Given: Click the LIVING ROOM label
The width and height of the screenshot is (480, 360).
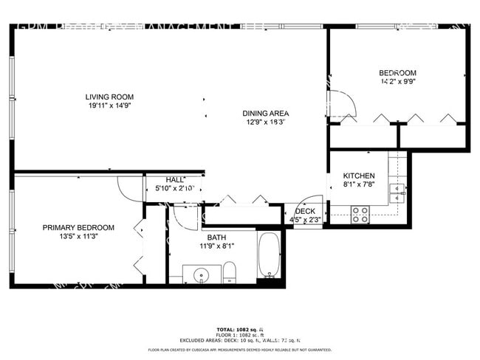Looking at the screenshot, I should pos(109,97).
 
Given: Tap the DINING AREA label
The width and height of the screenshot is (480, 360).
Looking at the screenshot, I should pos(265,114).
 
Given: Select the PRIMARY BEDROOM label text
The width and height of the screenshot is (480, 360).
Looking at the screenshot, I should pos(78,227).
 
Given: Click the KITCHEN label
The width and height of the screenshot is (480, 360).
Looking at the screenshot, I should pos(359,176).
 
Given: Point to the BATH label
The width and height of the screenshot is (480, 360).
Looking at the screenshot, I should pos(216,237).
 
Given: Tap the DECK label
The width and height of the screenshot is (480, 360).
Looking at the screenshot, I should pos(305,211).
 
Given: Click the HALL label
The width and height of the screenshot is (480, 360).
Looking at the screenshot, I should pos(175,179).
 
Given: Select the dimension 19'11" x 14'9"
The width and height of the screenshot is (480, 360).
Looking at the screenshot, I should pos(109,105).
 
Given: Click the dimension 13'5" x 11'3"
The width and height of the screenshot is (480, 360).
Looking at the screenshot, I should pos(78,237).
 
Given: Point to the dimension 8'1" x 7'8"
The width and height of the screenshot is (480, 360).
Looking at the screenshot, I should pos(359,185).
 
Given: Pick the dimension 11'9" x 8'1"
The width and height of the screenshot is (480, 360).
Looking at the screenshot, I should pos(216,246).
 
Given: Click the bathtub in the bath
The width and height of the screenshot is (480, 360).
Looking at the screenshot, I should pos(270,255).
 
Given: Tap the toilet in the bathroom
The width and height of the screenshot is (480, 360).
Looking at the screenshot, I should pos(229,271).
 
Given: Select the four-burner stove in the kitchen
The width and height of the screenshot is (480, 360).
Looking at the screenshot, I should pos(360,214).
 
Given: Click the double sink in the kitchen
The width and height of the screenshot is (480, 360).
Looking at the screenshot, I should pos(397,193).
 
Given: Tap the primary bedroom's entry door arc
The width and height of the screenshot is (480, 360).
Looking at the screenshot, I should pos(128,190).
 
